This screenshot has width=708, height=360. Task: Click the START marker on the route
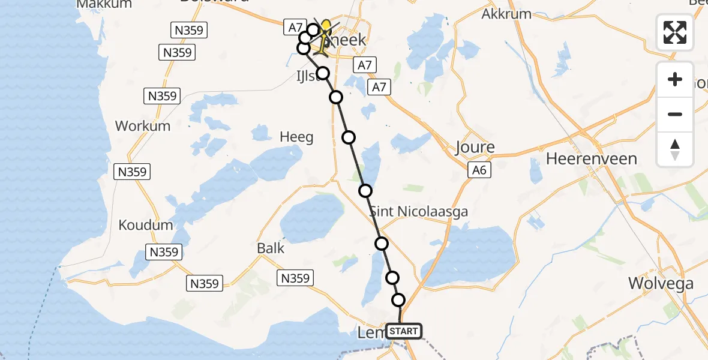coord(404,331)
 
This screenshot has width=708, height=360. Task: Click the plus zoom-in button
coord(675,79)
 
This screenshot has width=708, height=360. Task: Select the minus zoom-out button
coord(675,114)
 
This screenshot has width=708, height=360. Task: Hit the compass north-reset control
coord(675,149)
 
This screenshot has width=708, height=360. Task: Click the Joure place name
coord(475,148)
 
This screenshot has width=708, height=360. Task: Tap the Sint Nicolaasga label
coord(418,212)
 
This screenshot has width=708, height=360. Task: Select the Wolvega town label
coord(661,283)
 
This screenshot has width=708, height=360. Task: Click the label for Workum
coord(143,126)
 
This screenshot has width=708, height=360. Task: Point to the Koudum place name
coord(146,226)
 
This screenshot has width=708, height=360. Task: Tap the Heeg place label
coord(297,137)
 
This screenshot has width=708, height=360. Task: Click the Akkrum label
coord(506,14)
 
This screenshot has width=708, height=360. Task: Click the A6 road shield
coord(478,171)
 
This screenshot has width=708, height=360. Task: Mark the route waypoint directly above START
coord(398,300)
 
